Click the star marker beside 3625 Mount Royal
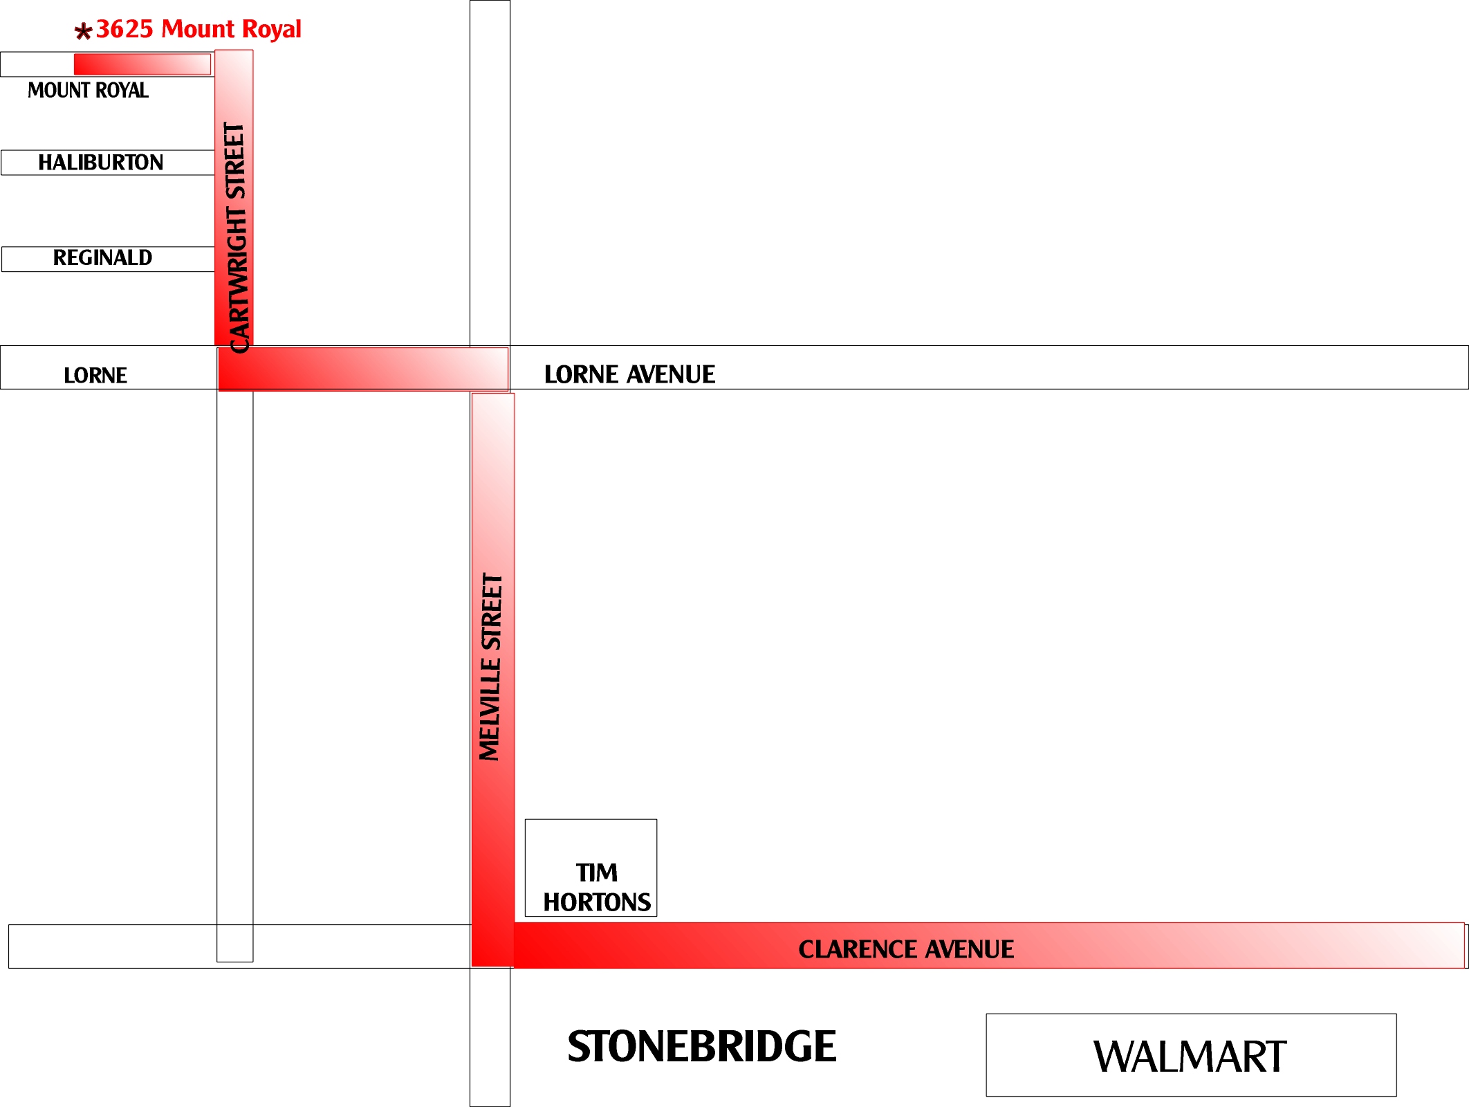(83, 31)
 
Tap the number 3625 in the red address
(124, 29)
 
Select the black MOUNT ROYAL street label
(88, 90)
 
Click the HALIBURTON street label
(101, 163)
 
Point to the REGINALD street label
(102, 257)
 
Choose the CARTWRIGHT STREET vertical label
(236, 238)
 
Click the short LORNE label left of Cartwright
(95, 375)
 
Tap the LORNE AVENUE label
(629, 374)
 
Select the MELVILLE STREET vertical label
(491, 667)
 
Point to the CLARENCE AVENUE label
(906, 949)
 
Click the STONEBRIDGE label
(702, 1046)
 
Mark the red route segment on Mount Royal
(142, 64)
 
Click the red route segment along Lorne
(364, 369)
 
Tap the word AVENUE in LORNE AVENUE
(671, 374)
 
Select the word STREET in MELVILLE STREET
(491, 612)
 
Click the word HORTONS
(597, 902)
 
